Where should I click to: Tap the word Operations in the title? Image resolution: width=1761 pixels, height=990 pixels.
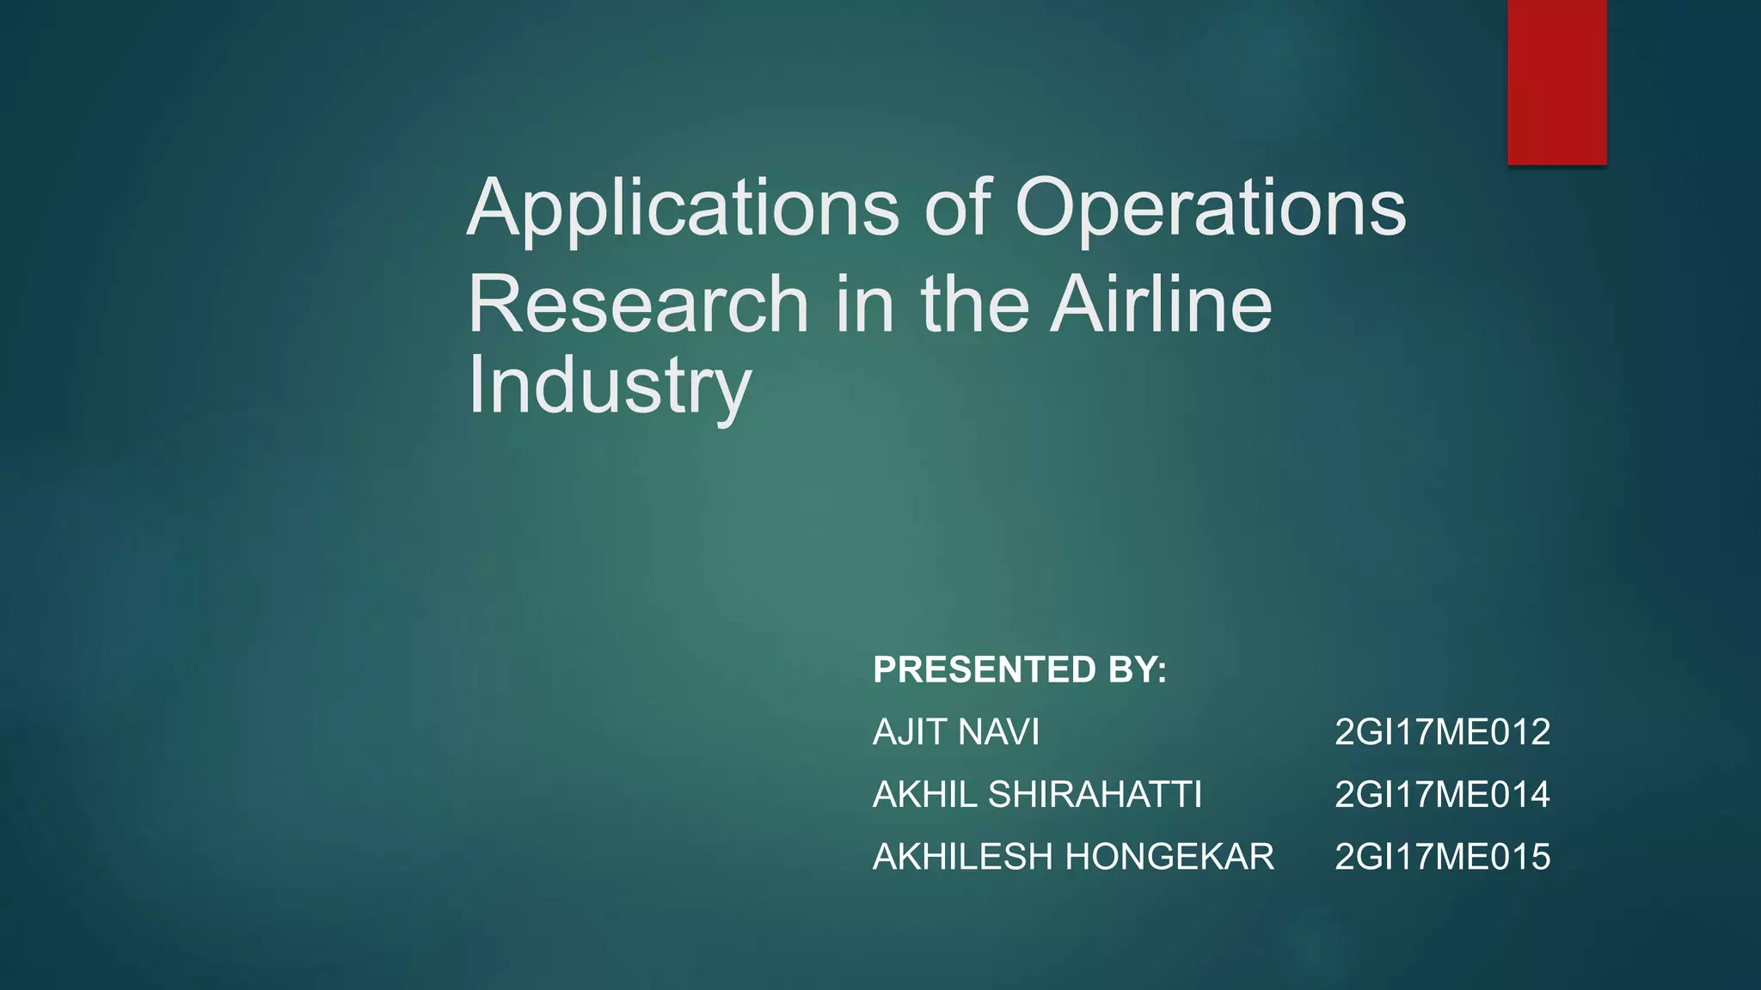(1210, 209)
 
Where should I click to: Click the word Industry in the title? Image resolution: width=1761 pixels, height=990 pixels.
(609, 386)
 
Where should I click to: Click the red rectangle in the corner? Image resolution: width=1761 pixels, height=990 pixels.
(1556, 82)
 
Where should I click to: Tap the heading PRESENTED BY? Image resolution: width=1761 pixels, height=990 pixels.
(1020, 669)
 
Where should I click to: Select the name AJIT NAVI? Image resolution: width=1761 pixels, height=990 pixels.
(956, 732)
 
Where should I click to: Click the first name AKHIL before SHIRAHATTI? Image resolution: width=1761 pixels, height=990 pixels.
(924, 794)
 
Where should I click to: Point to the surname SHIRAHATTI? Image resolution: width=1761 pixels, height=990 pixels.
(1095, 794)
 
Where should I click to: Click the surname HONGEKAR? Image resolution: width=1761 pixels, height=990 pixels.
(1169, 857)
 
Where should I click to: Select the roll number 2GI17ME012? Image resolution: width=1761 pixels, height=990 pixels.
(1442, 732)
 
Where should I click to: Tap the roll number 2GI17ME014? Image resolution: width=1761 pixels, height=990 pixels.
(1442, 794)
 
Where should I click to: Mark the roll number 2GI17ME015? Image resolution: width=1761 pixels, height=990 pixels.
(1442, 857)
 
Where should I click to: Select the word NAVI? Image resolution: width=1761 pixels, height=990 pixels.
(997, 732)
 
